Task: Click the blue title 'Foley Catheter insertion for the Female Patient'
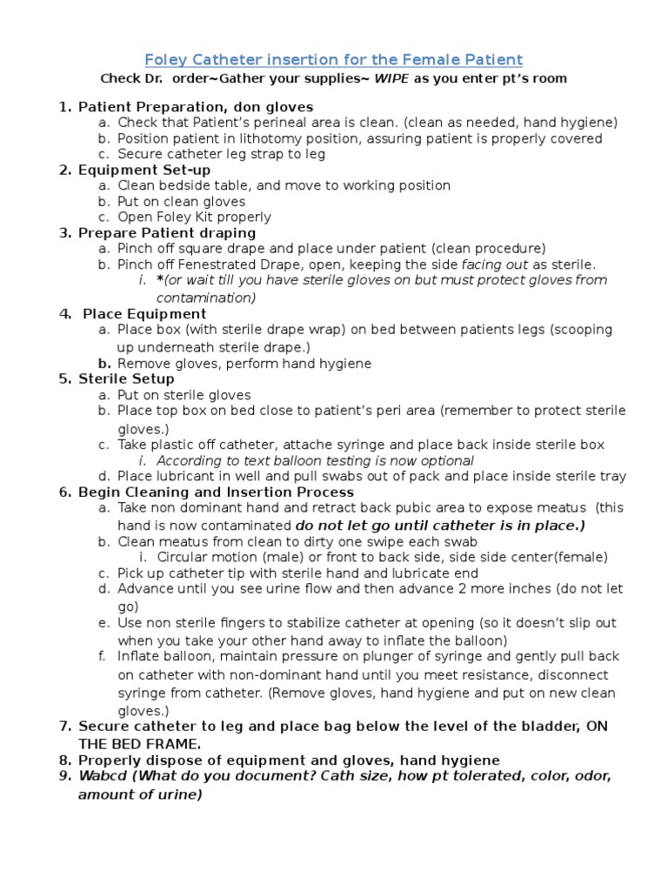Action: point(333,59)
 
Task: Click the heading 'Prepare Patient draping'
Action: point(167,232)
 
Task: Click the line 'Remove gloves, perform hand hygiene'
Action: point(244,363)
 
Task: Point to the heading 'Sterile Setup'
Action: point(126,379)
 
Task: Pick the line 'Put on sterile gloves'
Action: point(184,394)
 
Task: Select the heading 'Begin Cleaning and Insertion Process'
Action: point(216,492)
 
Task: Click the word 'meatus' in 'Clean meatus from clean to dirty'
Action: point(179,541)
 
